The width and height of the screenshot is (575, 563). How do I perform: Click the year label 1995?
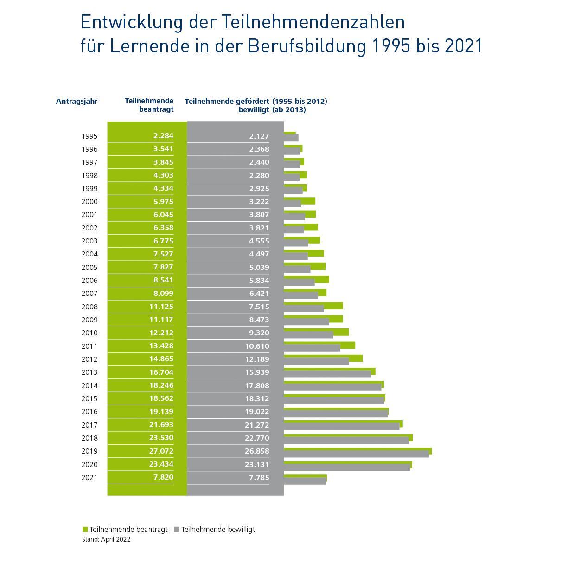pos(89,136)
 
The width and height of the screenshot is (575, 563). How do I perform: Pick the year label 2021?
pos(89,477)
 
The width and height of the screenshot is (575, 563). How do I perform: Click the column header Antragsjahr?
pos(77,101)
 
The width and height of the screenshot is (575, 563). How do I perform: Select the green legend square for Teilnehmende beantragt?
pos(85,530)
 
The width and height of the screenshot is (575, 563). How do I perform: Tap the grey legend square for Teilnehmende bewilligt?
pos(177,530)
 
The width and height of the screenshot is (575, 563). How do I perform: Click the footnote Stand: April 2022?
pos(106,539)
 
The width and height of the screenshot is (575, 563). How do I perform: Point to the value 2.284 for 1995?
pos(163,136)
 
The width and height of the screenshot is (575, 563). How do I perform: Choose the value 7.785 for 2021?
pos(259,477)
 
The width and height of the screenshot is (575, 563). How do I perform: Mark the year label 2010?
pos(89,333)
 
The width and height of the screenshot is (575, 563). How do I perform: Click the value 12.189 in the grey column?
pos(257,359)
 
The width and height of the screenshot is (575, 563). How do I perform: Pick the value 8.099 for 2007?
pos(163,293)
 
